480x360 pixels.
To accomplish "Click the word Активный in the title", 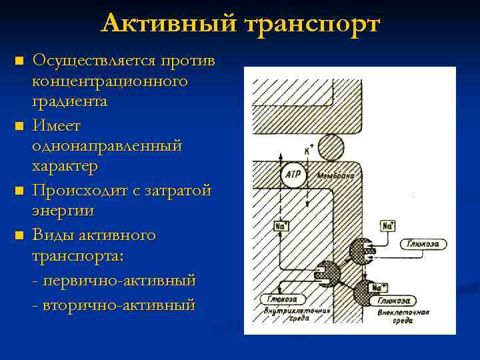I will (x=169, y=24).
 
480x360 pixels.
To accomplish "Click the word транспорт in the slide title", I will (x=311, y=25).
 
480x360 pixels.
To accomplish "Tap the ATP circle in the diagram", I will (x=293, y=175).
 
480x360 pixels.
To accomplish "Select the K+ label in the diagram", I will (x=309, y=151).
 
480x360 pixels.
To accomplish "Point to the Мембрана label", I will (x=336, y=176).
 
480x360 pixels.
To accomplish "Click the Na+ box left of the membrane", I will (x=281, y=226).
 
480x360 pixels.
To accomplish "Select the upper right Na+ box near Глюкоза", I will (x=387, y=225).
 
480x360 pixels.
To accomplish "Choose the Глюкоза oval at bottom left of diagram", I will (x=278, y=299).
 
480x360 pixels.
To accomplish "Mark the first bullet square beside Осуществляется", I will (x=19, y=62).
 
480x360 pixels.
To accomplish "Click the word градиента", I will (x=69, y=102).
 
